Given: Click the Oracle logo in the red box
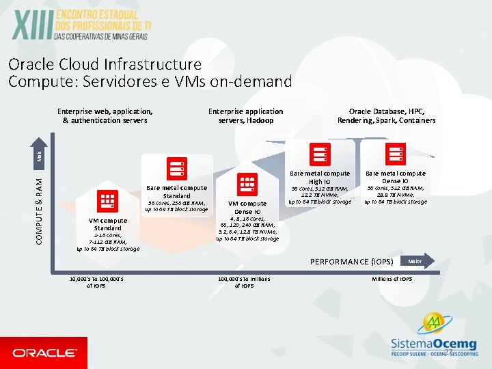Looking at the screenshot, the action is pyautogui.click(x=44, y=353).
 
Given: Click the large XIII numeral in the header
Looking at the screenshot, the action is pyautogui.click(x=33, y=27).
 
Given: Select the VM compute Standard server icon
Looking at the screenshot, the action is pyautogui.click(x=107, y=202).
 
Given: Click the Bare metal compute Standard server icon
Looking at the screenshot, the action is pyautogui.click(x=176, y=168).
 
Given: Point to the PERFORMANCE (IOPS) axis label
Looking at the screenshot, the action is pyautogui.click(x=351, y=261).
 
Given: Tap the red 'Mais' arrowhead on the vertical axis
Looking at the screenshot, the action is pyautogui.click(x=39, y=156).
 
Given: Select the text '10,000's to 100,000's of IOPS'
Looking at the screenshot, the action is pyautogui.click(x=96, y=282).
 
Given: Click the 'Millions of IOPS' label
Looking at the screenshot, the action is pyautogui.click(x=392, y=279).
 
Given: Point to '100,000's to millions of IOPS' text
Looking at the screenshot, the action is pyautogui.click(x=244, y=282).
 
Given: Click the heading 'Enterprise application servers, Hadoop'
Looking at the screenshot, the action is pyautogui.click(x=245, y=116).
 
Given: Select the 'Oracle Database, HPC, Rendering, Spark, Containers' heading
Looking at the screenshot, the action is pyautogui.click(x=386, y=116).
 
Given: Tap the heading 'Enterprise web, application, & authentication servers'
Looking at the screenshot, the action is pyautogui.click(x=105, y=116).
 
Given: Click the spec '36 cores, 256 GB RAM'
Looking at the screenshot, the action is pyautogui.click(x=176, y=202).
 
